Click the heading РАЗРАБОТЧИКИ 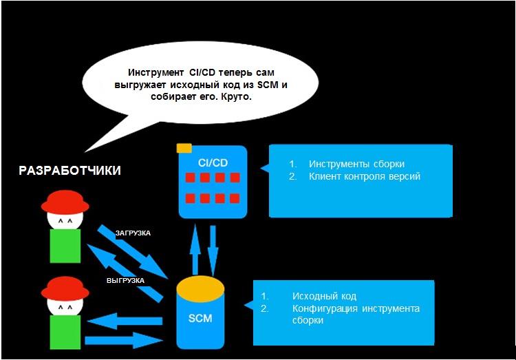[70, 171]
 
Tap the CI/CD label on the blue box [212, 162]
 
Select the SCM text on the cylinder [200, 318]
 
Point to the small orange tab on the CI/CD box [184, 148]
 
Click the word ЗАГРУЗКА [133, 233]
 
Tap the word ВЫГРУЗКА [125, 281]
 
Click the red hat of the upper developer [65, 202]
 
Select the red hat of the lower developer [65, 287]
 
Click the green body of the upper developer [65, 246]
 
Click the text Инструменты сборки [356, 165]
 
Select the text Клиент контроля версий [365, 176]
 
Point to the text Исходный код [324, 297]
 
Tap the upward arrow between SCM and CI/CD [195, 247]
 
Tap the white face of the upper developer [65, 220]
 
